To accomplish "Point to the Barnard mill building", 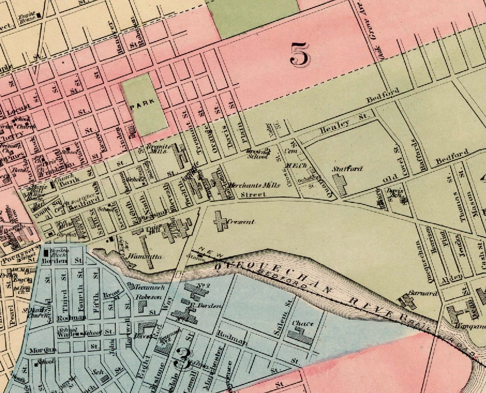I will [x=408, y=301].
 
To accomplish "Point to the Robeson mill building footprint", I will [x=142, y=306].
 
